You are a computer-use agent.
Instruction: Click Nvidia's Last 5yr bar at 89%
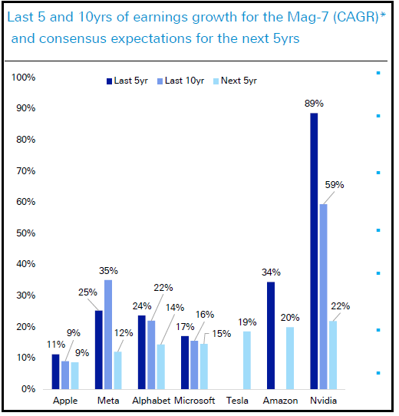point(314,251)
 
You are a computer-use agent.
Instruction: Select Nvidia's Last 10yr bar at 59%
point(323,296)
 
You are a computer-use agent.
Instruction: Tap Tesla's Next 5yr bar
point(247,360)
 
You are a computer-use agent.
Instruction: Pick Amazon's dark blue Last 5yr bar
point(271,335)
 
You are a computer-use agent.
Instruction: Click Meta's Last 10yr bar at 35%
point(108,335)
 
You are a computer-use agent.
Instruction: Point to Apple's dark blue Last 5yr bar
point(56,371)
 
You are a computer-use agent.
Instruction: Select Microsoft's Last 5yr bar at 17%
point(185,363)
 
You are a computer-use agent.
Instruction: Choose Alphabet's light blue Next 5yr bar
point(161,367)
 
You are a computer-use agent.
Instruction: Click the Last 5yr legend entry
point(127,81)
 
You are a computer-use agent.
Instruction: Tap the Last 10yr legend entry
point(181,81)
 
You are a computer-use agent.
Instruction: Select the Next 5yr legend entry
point(236,81)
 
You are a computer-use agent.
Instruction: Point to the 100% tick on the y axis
point(23,78)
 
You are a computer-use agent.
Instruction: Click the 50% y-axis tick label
point(26,233)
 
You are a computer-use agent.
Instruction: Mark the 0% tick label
point(28,389)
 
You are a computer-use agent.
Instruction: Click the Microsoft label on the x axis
point(194,401)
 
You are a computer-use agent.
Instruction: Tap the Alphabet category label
point(151,401)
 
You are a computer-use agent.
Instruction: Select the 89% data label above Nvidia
point(314,104)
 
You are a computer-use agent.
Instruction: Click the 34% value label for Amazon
point(271,272)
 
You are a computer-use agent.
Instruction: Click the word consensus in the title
point(73,38)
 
